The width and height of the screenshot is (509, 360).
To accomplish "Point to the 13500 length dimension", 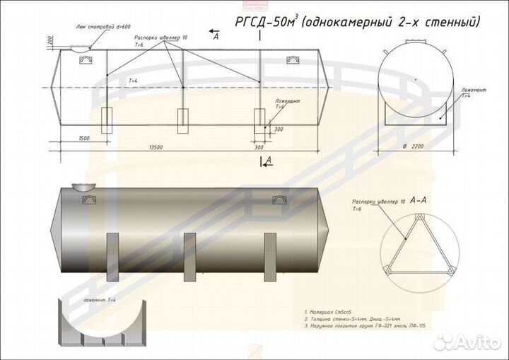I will tap(156, 146).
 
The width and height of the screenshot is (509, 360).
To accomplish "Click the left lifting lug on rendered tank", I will tap(90, 200).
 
